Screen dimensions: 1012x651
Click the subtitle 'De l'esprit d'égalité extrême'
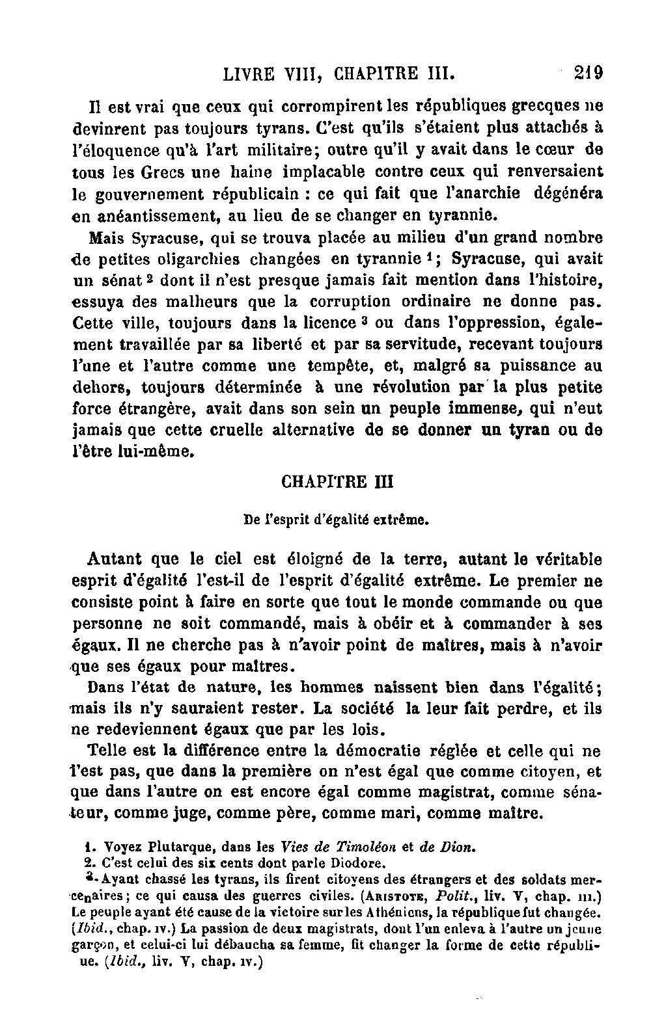click(x=336, y=520)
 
